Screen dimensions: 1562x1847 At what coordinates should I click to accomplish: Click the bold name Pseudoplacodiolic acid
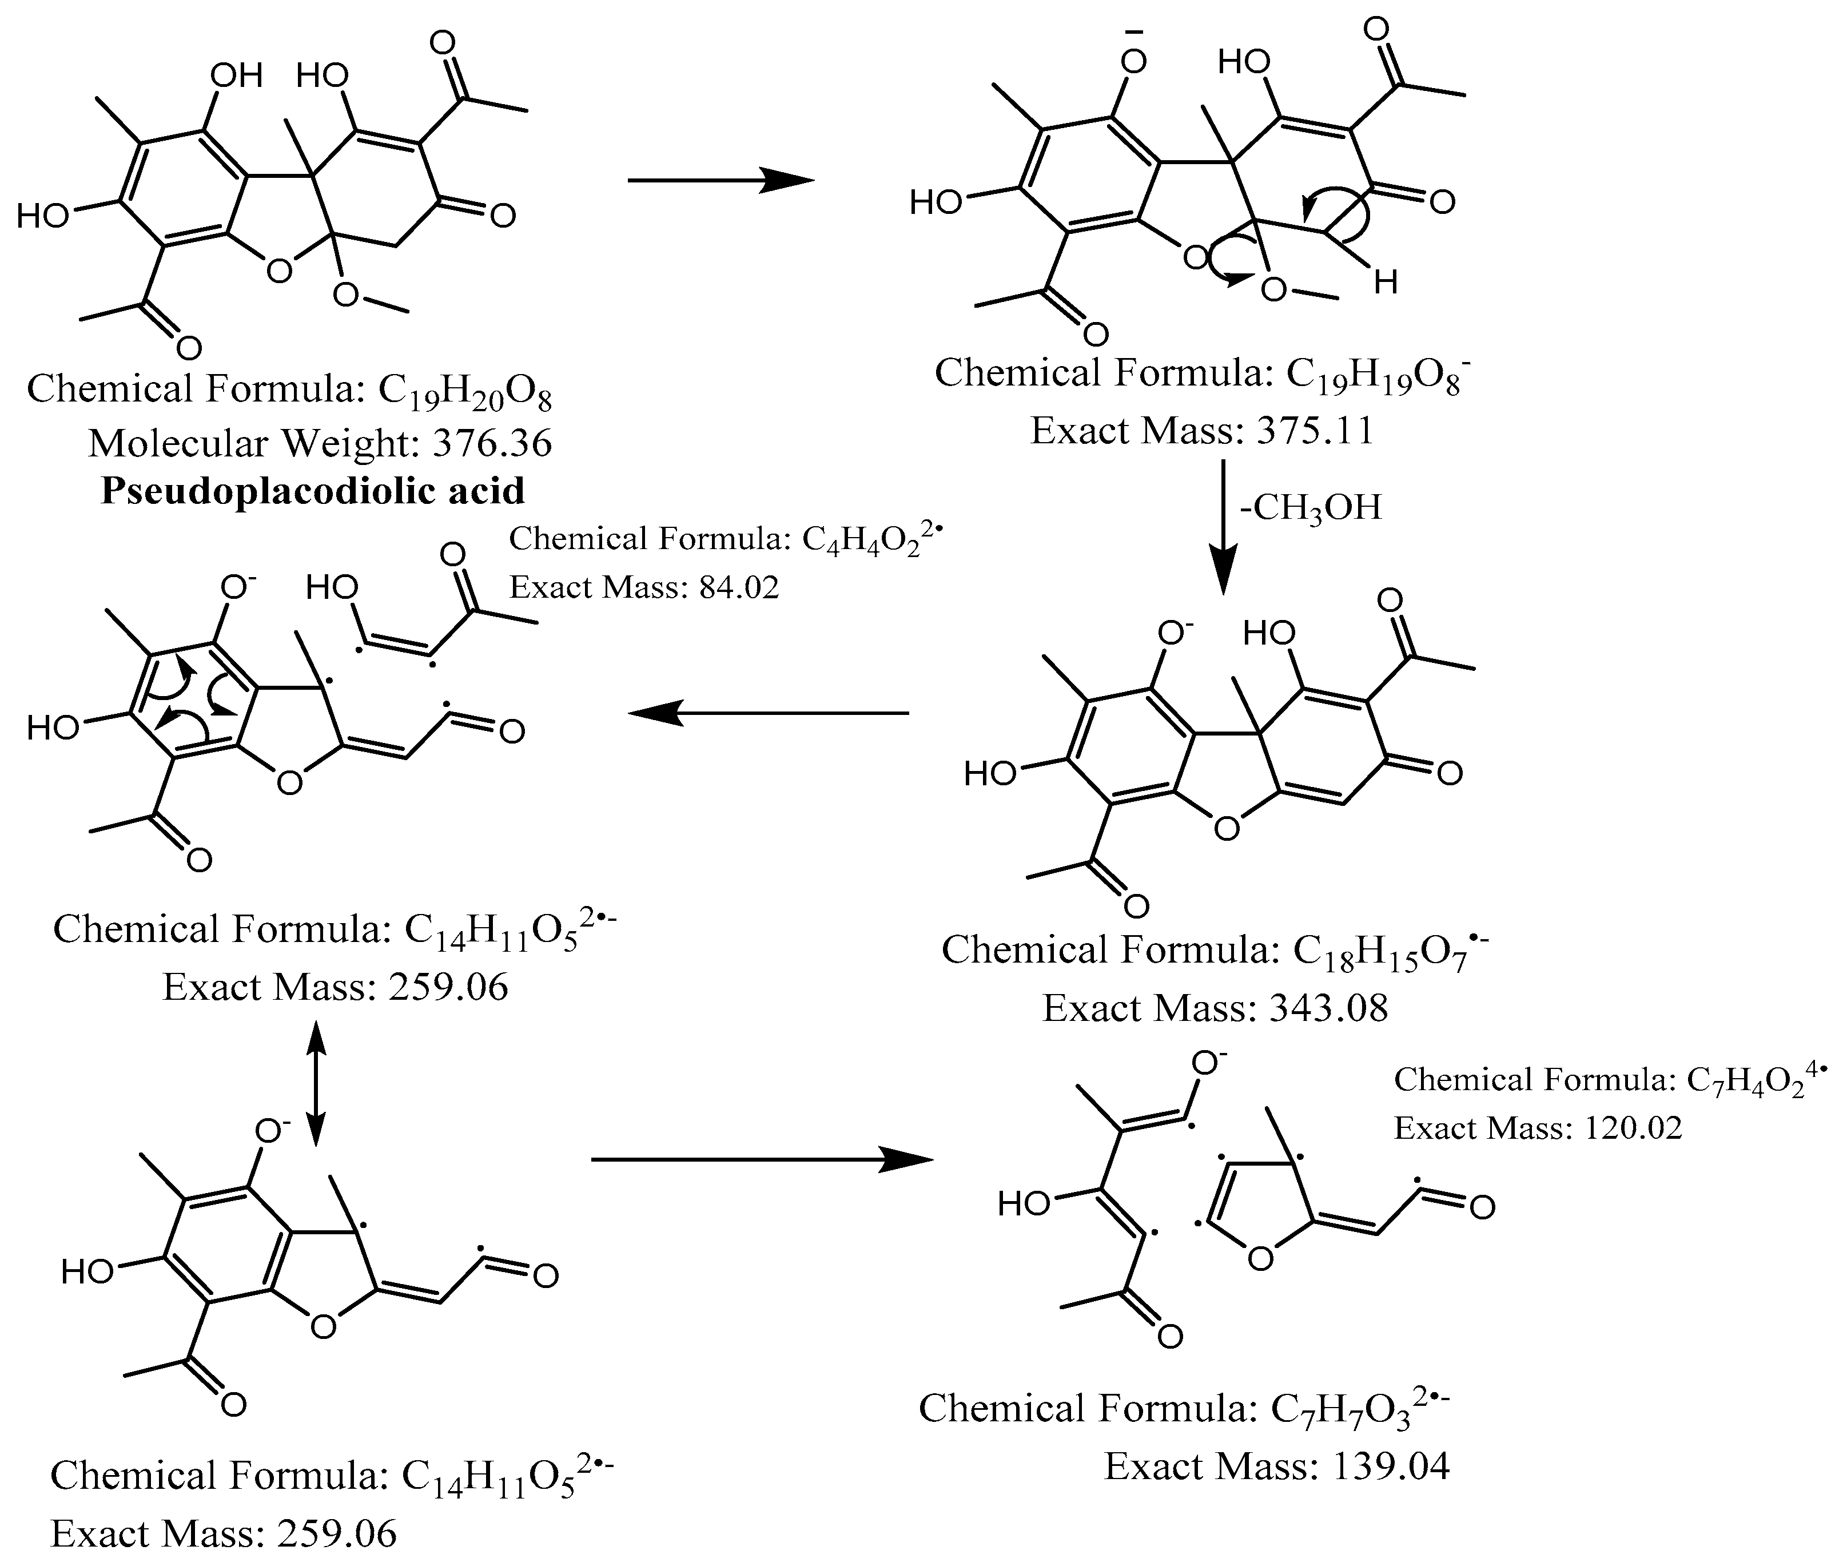coord(313,491)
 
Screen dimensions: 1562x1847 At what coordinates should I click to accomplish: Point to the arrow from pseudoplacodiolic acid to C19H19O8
coord(720,181)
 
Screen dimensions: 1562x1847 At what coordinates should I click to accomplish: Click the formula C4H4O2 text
coord(870,540)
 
